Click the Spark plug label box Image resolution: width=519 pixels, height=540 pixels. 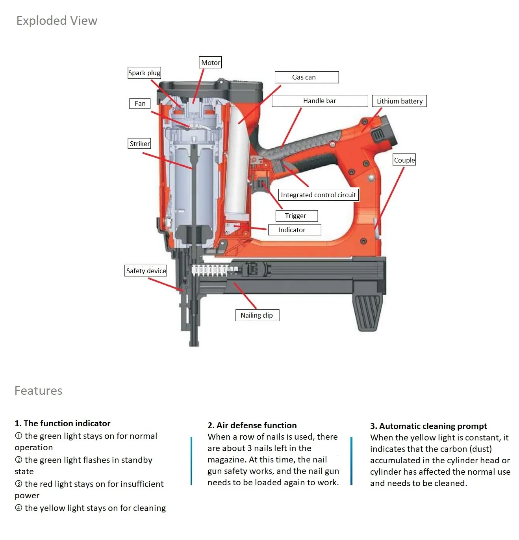tap(144, 73)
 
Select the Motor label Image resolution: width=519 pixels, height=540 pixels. tap(211, 62)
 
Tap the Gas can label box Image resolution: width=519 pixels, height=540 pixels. tap(306, 77)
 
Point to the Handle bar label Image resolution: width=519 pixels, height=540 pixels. tap(320, 101)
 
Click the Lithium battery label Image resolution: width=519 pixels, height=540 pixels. tap(399, 101)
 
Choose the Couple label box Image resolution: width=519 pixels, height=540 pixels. tap(404, 160)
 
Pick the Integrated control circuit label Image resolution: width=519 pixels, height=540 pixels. tap(318, 195)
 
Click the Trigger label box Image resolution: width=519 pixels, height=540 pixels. tap(296, 216)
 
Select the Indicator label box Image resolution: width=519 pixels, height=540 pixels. tap(294, 230)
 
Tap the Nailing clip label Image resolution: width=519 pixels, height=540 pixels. tap(257, 315)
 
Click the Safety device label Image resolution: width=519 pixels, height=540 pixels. tap(146, 271)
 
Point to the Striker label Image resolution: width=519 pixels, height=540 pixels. tap(139, 144)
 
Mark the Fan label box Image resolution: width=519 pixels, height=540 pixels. tap(140, 104)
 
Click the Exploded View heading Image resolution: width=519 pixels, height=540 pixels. tap(57, 20)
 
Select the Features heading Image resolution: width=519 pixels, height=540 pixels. tap(38, 390)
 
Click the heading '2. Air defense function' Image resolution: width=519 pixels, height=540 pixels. tap(252, 425)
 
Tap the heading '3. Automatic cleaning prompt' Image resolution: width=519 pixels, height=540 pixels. tap(428, 426)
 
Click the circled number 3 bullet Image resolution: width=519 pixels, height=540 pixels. tap(19, 484)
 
